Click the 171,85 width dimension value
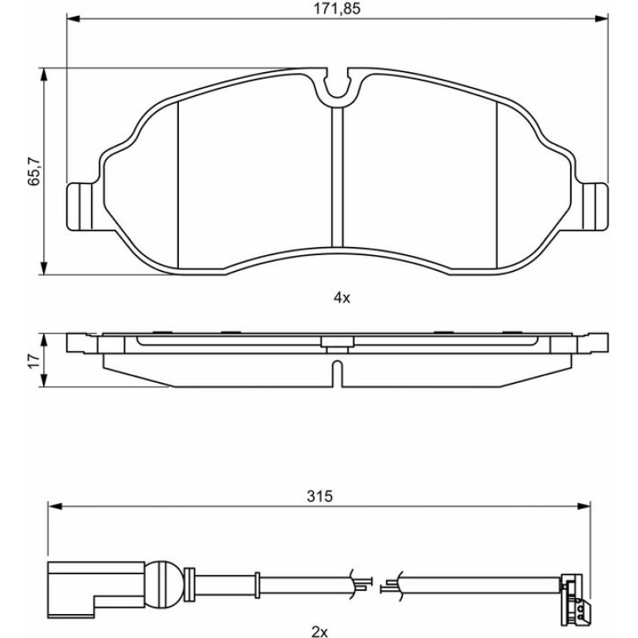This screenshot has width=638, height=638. (336, 9)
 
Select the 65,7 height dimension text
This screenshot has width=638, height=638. (34, 171)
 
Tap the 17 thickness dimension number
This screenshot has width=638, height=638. (34, 360)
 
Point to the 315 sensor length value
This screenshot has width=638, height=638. (319, 496)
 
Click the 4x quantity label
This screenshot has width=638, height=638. (341, 298)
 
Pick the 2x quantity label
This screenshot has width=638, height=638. (319, 632)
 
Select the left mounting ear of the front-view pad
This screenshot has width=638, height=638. (80, 206)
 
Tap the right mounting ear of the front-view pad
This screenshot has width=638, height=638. (596, 206)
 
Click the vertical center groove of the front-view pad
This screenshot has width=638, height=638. (337, 177)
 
